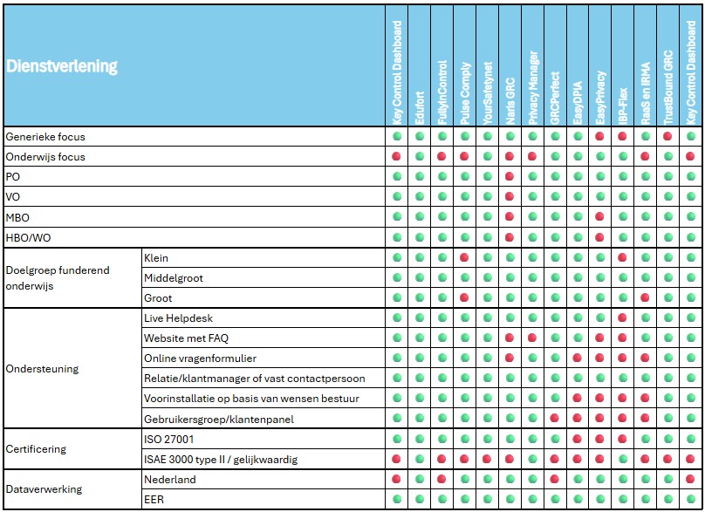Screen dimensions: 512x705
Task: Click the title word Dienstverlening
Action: tap(62, 66)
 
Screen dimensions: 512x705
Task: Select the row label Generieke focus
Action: tap(45, 137)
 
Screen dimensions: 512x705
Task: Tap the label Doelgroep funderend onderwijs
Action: tap(58, 277)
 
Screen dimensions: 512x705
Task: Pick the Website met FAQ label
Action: tap(186, 338)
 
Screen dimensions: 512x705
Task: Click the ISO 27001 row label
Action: tap(169, 439)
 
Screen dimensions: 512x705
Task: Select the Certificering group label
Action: tap(38, 449)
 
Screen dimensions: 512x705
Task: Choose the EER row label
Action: tap(154, 500)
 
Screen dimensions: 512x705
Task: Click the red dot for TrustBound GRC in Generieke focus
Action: tap(667, 137)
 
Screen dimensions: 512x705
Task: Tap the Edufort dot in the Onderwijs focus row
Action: tap(420, 157)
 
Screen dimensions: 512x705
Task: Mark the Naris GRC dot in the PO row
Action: tap(510, 177)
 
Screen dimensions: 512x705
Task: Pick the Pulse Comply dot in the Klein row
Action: tap(465, 258)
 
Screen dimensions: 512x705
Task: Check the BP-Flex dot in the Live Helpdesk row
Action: tap(622, 318)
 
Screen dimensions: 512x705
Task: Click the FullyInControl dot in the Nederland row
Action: tap(442, 479)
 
